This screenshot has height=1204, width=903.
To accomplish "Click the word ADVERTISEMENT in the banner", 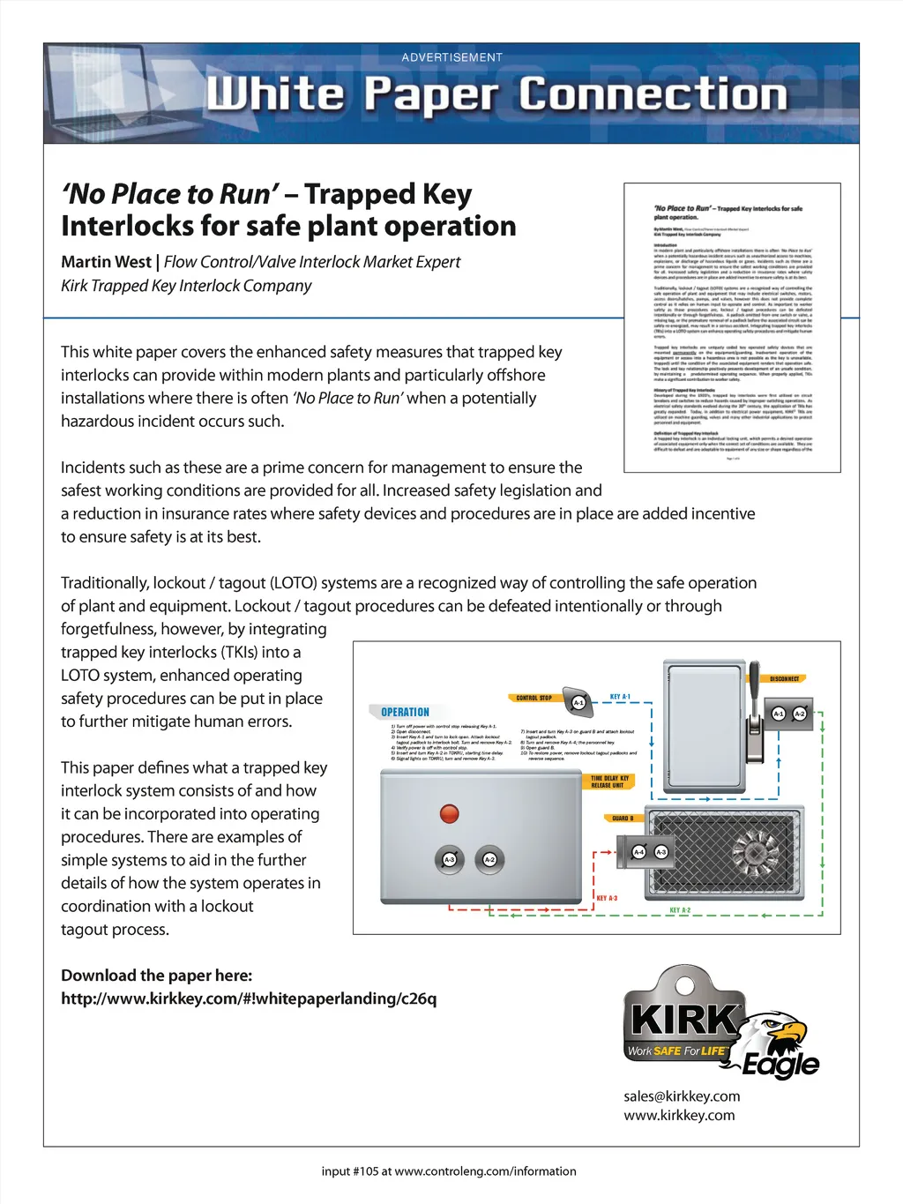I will (451, 57).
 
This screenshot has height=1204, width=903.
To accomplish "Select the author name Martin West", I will (106, 262).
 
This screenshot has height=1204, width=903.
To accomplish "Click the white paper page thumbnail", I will (732, 327).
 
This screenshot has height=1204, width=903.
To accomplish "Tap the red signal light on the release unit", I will (450, 812).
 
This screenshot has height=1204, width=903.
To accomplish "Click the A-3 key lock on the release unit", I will (450, 859).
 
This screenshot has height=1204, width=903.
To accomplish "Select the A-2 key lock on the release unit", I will (489, 859).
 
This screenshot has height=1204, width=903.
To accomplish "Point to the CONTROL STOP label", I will (534, 698).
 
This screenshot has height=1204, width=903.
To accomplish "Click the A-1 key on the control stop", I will (578, 702).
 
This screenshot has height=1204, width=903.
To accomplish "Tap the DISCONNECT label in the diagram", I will (784, 678).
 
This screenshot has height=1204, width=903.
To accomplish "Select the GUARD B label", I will (623, 818).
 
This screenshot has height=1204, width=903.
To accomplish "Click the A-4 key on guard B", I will (639, 852).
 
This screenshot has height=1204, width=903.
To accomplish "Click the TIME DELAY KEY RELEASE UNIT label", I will (609, 781).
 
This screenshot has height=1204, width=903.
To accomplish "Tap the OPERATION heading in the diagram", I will (405, 712).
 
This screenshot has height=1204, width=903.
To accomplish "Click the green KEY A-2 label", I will (680, 909).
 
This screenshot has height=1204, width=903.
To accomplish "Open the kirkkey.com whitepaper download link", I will (249, 998).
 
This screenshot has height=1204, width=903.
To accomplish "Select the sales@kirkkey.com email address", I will (682, 1096).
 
